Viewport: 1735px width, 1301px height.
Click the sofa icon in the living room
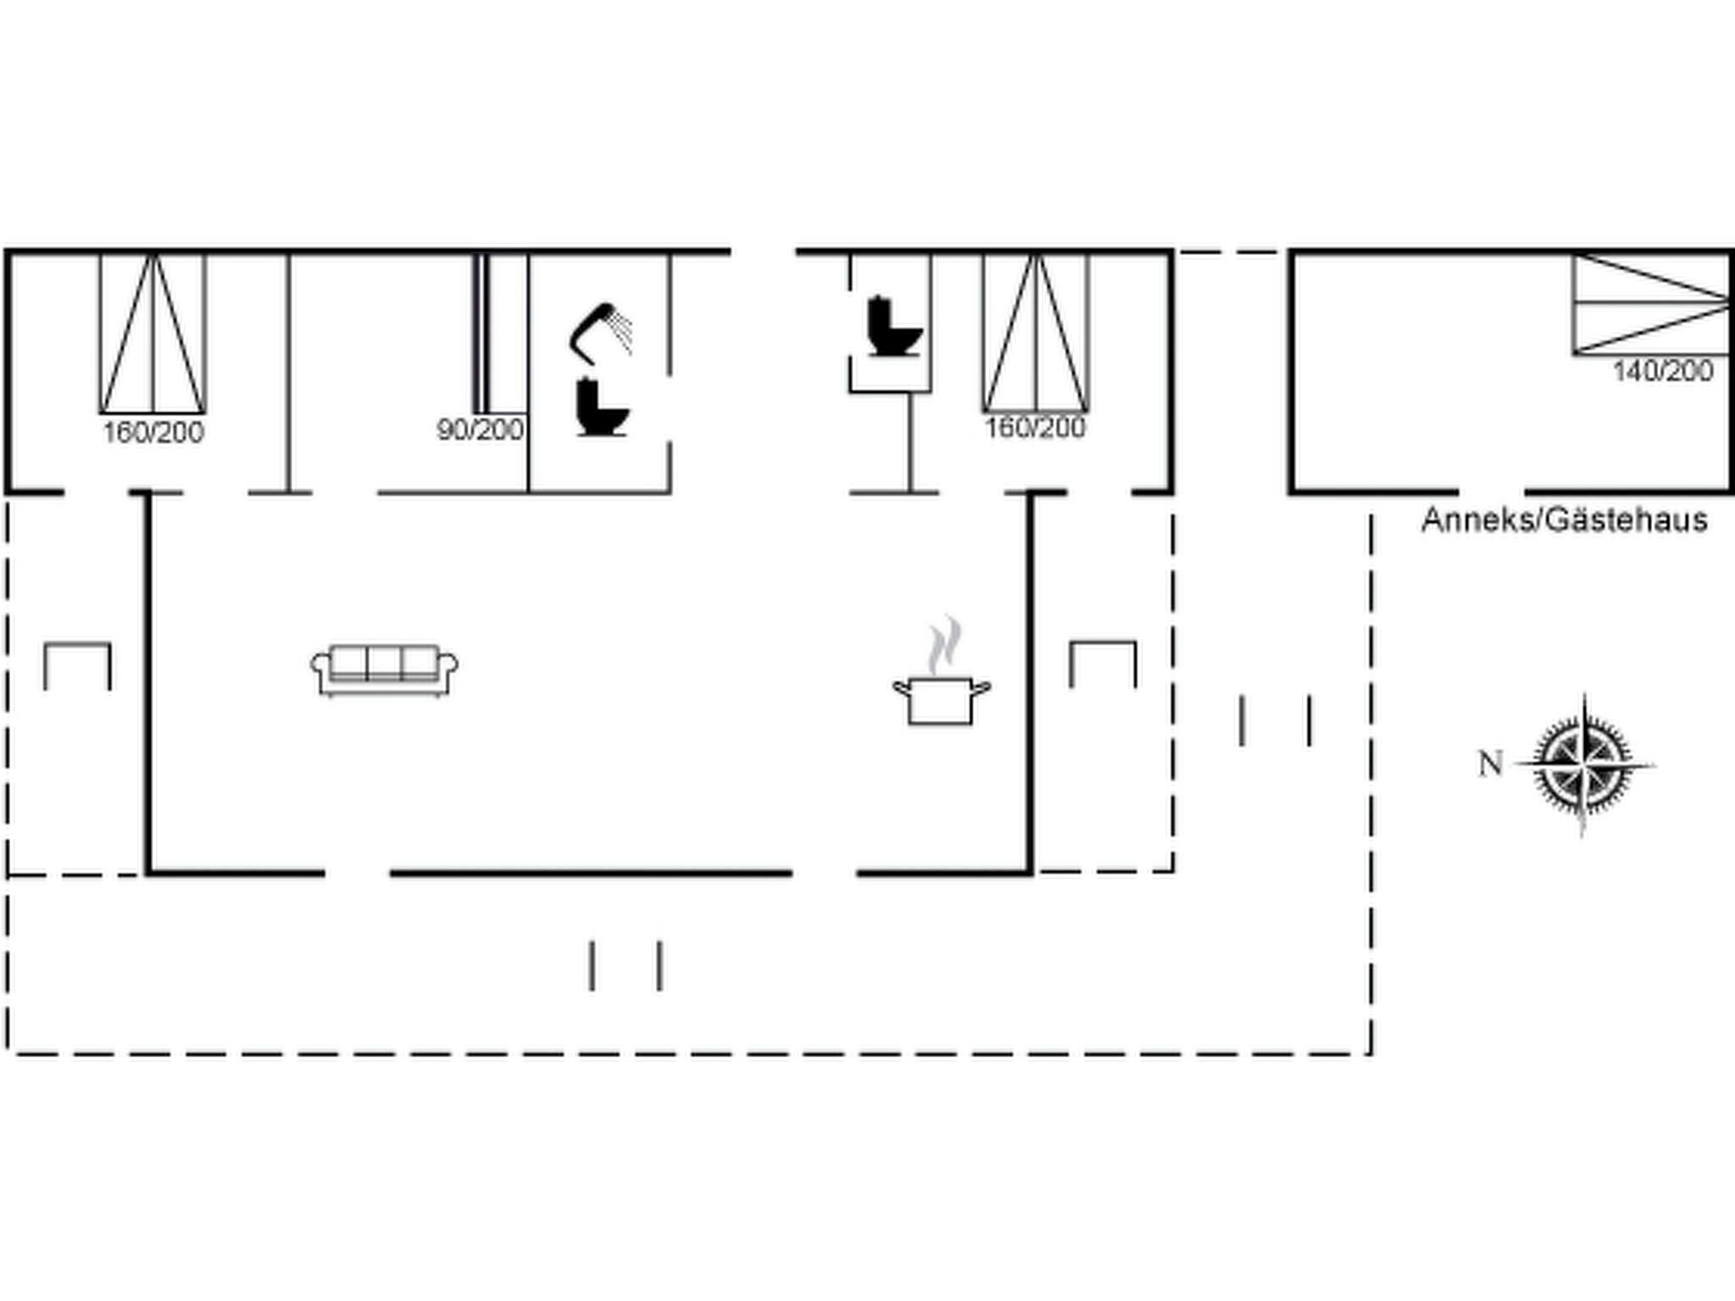click(384, 670)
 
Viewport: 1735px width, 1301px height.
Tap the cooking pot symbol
click(940, 700)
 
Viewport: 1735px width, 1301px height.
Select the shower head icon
click(600, 330)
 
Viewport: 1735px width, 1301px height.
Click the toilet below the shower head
click(601, 408)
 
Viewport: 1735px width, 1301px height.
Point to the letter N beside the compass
click(1490, 764)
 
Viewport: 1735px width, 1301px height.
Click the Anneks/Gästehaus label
click(1564, 520)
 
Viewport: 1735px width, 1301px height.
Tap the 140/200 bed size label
click(1662, 371)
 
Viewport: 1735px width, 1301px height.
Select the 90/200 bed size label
click(479, 430)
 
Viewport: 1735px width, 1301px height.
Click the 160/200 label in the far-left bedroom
click(153, 433)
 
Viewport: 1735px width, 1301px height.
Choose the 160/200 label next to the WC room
click(1034, 428)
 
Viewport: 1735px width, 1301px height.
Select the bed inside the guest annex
click(1651, 303)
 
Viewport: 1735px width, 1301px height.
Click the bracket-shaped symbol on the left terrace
click(77, 666)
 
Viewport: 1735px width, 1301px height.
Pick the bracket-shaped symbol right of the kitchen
click(1103, 664)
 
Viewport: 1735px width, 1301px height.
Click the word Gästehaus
click(1626, 520)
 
